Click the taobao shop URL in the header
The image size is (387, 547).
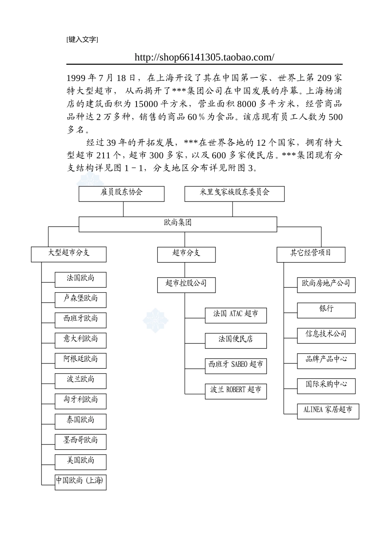pyautogui.click(x=204, y=57)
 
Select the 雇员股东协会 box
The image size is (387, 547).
pyautogui.click(x=121, y=194)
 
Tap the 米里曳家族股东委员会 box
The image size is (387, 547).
pyautogui.click(x=234, y=194)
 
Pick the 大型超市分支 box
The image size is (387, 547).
pyautogui.click(x=68, y=254)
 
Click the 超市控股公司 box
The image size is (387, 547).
pyautogui.click(x=186, y=284)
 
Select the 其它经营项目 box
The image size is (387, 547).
pyautogui.click(x=310, y=254)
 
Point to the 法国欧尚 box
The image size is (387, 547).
pyautogui.click(x=81, y=280)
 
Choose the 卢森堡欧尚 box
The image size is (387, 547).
pyautogui.click(x=81, y=300)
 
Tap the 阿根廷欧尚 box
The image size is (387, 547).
pyautogui.click(x=81, y=360)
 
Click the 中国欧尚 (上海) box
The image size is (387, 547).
pyautogui.click(x=81, y=482)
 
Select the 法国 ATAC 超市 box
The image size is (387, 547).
pyautogui.click(x=235, y=315)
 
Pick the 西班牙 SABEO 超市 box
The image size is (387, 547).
pyautogui.click(x=235, y=366)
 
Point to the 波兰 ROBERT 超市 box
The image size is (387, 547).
pyautogui.click(x=235, y=391)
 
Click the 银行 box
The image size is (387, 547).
pyautogui.click(x=326, y=310)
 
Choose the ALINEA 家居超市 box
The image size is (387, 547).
pyautogui.click(x=328, y=411)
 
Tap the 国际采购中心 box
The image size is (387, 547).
pyautogui.click(x=326, y=385)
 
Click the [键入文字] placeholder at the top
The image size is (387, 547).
pyautogui.click(x=82, y=39)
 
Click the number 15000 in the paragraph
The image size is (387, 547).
pyautogui.click(x=146, y=104)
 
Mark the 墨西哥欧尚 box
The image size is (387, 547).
pyautogui.click(x=81, y=442)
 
